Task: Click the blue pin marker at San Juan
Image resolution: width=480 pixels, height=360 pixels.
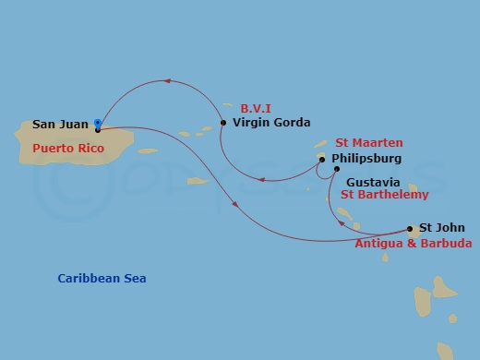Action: coord(98,124)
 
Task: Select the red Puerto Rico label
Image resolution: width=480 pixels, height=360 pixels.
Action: coord(67,148)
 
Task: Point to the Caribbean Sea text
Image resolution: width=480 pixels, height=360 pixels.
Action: coord(102,278)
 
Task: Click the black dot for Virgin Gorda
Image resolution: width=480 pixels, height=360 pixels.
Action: coord(223,122)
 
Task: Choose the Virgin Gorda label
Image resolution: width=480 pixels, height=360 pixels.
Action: coord(271,122)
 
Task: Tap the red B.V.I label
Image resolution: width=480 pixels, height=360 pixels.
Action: coord(257,107)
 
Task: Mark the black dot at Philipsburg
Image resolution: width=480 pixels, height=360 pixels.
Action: coord(322,159)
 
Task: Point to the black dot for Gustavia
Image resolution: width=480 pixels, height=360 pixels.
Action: coord(336,169)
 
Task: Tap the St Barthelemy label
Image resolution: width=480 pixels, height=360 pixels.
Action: coord(384,196)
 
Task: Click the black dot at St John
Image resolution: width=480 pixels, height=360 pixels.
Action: coord(410,228)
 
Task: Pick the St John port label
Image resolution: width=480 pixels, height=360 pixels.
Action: coord(442,228)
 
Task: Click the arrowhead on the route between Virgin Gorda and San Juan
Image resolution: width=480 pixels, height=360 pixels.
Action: coord(167,82)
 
